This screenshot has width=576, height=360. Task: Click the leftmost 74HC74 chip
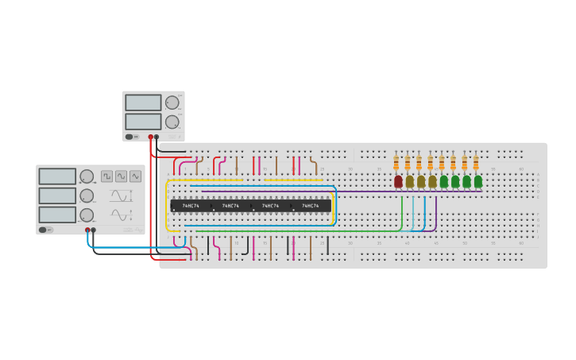(191, 206)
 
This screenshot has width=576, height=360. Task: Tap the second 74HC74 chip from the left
(230, 206)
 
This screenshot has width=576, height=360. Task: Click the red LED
(398, 181)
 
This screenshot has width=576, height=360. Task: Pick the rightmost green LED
(478, 181)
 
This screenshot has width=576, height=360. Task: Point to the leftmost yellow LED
(410, 181)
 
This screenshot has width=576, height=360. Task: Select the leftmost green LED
(444, 181)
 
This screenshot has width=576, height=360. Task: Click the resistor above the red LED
(396, 163)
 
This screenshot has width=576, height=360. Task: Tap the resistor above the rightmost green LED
(476, 163)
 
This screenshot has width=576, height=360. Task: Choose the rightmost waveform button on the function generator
(135, 176)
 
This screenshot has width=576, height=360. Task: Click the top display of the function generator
(57, 176)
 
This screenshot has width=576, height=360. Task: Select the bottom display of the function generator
(57, 215)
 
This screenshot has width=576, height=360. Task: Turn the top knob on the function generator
(87, 176)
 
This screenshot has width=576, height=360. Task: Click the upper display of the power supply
(143, 103)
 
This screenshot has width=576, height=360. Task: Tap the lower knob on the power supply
(172, 122)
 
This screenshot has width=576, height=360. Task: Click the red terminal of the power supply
(150, 137)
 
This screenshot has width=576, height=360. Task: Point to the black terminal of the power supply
(157, 137)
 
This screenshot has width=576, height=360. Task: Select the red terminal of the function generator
(87, 230)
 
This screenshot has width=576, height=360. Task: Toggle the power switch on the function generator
(44, 230)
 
